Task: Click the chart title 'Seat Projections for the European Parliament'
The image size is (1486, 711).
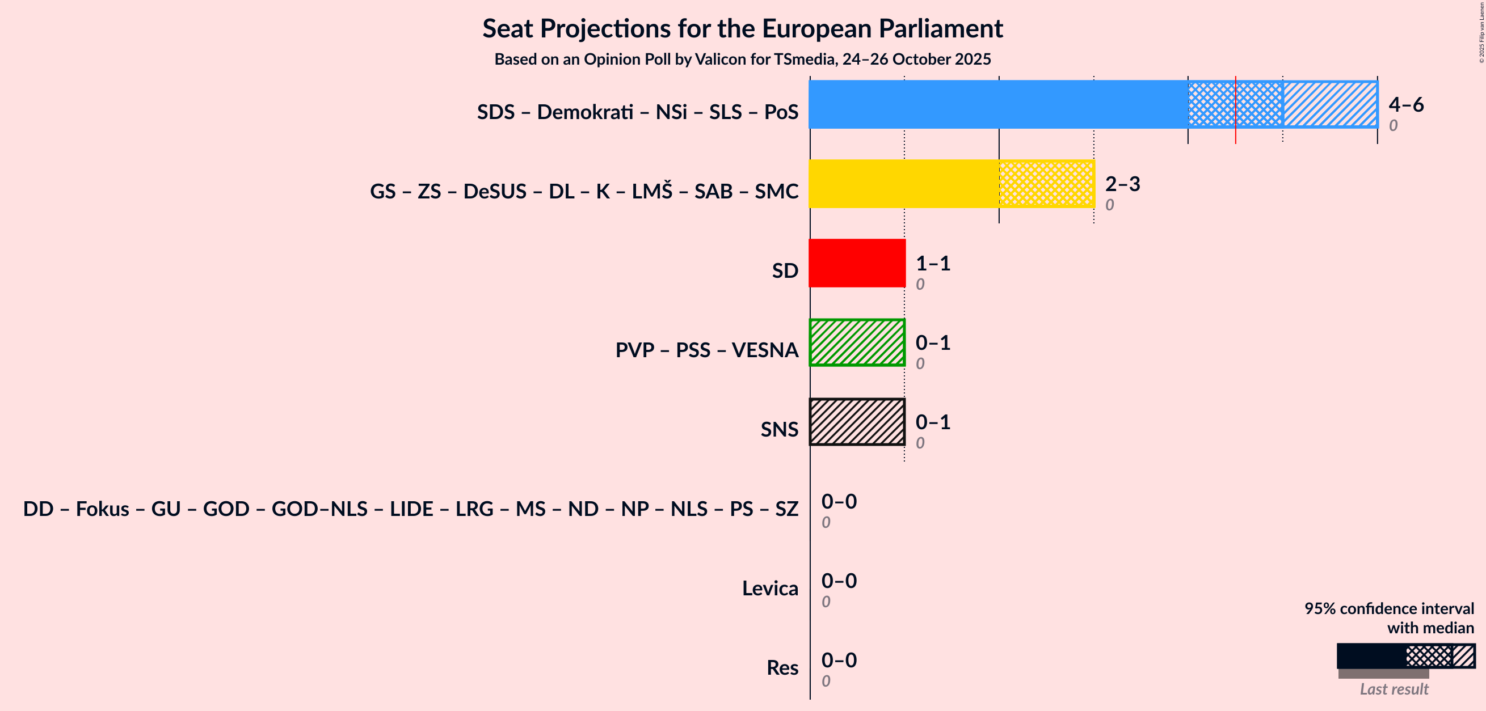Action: coord(742,29)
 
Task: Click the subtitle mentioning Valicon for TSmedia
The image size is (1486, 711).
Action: coord(742,60)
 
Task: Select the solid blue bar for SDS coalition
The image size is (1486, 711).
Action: coord(998,104)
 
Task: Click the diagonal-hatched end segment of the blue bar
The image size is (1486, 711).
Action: coord(1329,104)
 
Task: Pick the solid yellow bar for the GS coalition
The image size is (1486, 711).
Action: coord(903,184)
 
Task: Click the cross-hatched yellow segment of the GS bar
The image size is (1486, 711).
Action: coord(1046,184)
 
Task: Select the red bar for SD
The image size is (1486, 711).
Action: coord(857,263)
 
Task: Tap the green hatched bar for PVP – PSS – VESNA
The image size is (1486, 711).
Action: coord(857,342)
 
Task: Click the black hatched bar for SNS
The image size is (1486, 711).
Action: coord(857,422)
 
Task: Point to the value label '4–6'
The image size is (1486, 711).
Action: coord(1406,104)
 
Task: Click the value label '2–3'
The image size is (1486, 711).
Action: coord(1122,184)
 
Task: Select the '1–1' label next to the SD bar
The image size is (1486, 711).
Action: coord(933,264)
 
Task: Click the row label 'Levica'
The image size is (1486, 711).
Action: coord(769,588)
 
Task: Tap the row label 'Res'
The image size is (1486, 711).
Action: coord(782,668)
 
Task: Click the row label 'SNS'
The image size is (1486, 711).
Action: coord(779,430)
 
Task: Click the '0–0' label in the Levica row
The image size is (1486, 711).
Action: coord(839,581)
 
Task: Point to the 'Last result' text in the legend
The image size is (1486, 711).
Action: coord(1394,689)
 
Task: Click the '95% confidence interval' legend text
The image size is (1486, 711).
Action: coord(1389,609)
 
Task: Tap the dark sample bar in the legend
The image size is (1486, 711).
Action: coord(1371,656)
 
